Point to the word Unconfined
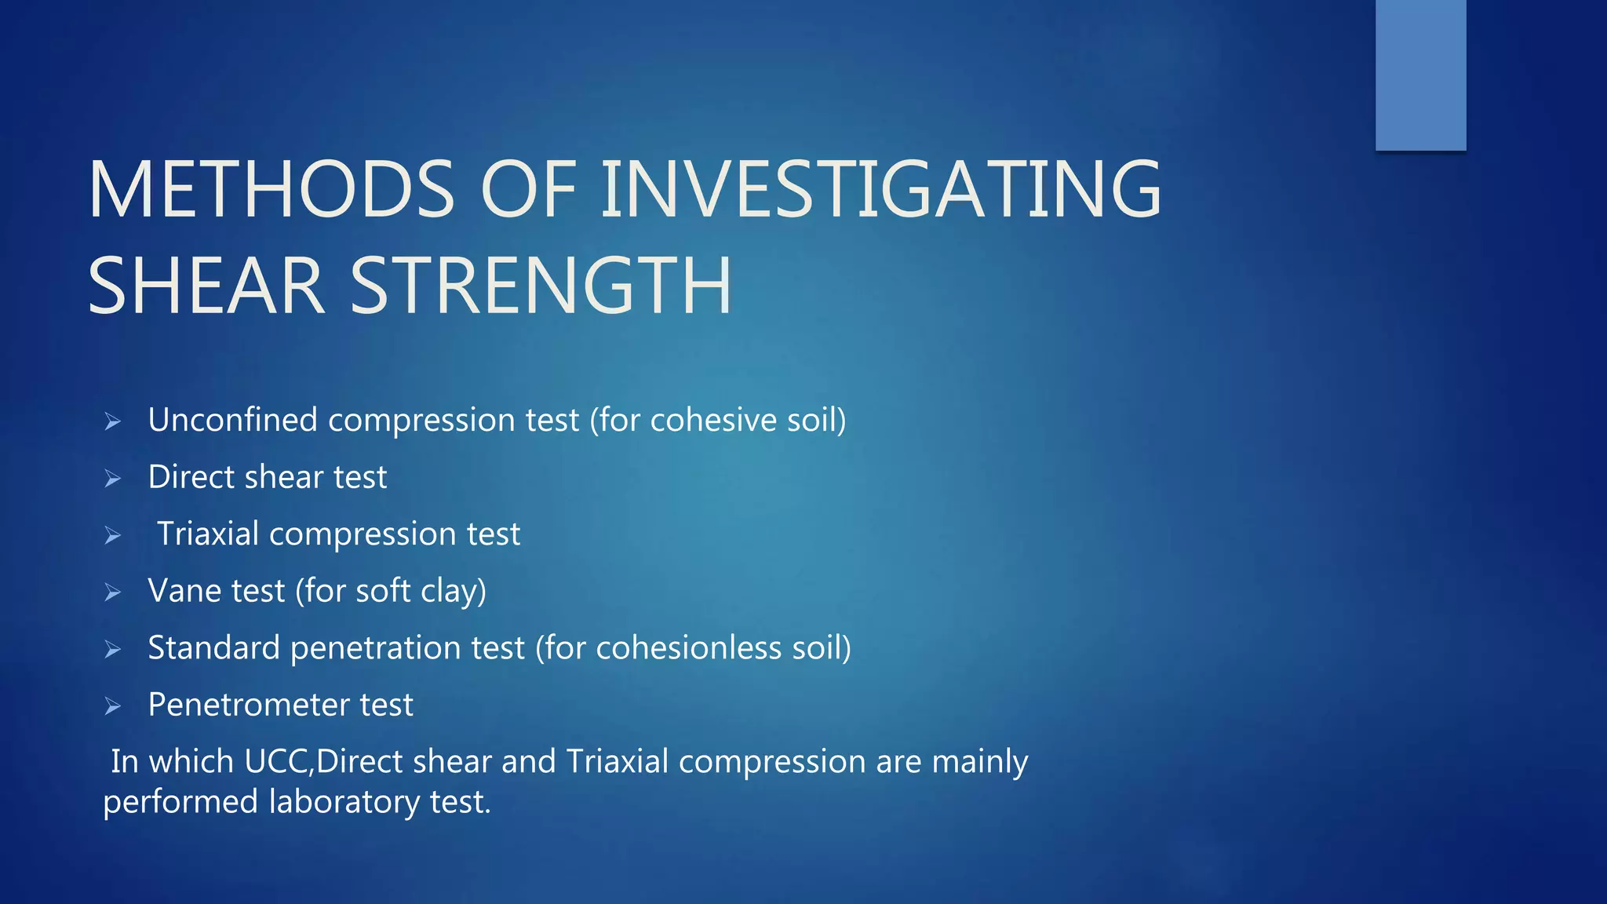(x=232, y=420)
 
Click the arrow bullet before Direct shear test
(x=113, y=478)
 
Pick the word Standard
(x=213, y=648)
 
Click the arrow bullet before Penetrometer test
(x=113, y=706)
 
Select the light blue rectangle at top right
(x=1420, y=75)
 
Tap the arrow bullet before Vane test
(x=113, y=592)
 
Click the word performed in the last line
(x=180, y=802)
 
